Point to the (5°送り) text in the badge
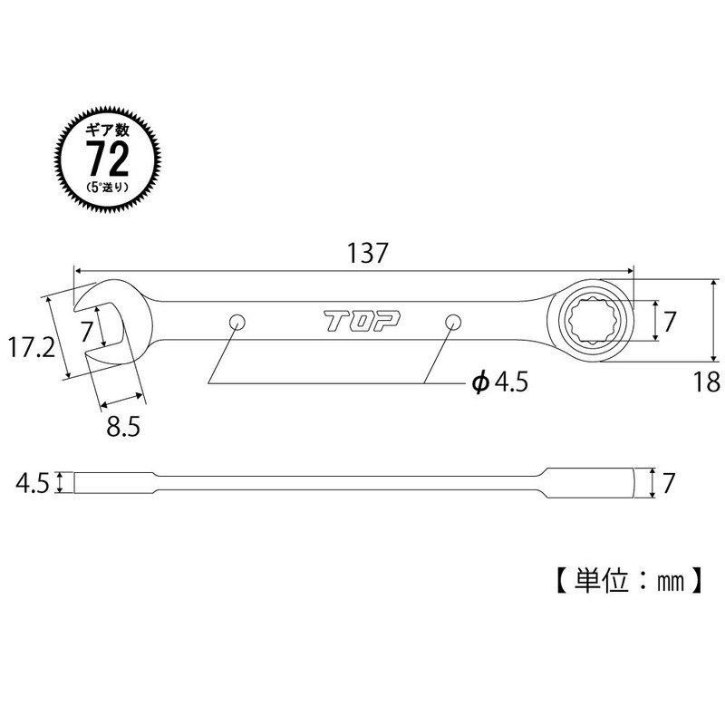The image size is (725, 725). pyautogui.click(x=106, y=188)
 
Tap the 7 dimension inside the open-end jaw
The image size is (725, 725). pyautogui.click(x=87, y=328)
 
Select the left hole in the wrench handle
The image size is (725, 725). pyautogui.click(x=237, y=321)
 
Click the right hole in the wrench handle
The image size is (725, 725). pyautogui.click(x=453, y=321)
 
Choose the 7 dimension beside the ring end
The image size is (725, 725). pyautogui.click(x=670, y=320)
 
